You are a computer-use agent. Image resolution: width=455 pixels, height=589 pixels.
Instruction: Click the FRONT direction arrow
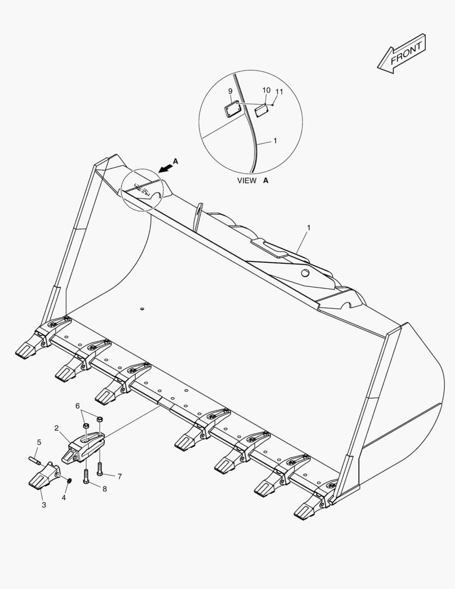pos(402,53)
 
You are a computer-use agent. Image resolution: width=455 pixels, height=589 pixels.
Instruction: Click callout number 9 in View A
pos(230,91)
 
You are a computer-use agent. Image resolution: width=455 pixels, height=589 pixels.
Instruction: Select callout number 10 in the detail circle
pos(266,90)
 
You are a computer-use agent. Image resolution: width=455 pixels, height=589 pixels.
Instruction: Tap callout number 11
pos(280,92)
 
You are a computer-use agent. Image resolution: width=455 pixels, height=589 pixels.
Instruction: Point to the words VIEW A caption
pos(253,181)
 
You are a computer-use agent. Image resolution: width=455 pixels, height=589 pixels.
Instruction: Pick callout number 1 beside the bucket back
pos(308,227)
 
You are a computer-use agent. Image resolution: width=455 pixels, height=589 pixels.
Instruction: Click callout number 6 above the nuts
pos(78,406)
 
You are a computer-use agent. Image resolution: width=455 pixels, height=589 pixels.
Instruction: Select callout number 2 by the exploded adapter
pos(56,428)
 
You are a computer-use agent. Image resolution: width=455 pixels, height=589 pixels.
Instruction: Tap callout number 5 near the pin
pos(39,442)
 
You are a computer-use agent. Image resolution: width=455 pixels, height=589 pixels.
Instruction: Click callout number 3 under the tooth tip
pos(44,505)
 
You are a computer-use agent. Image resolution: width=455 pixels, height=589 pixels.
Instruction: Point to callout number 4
pos(64,497)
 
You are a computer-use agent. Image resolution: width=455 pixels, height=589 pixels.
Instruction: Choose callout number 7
pos(120,476)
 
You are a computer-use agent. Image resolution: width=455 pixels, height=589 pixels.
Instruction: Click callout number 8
pos(105,489)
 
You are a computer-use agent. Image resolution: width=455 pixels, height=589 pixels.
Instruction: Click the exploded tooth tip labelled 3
pos(44,476)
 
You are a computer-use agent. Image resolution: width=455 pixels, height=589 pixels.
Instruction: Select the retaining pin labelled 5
pos(34,460)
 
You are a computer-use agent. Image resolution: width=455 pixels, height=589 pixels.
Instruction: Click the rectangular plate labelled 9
pos(232,109)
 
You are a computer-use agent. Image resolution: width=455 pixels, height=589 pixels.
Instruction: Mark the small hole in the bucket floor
pos(142,309)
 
